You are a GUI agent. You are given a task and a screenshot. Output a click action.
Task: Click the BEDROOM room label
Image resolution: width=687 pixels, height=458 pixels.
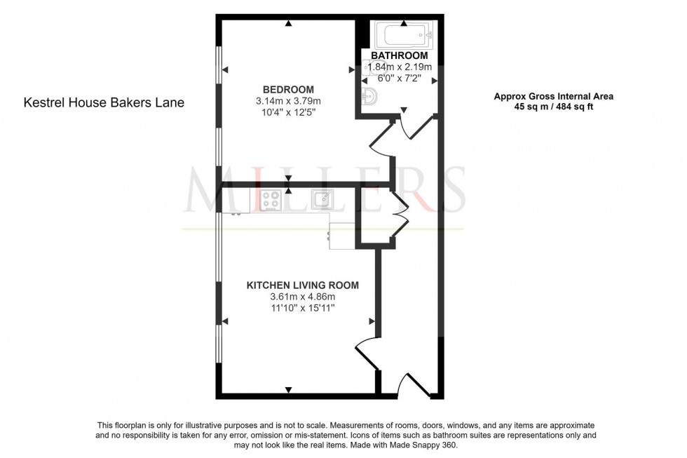(288, 90)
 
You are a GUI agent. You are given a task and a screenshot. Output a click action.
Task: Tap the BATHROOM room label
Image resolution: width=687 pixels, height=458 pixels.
(399, 55)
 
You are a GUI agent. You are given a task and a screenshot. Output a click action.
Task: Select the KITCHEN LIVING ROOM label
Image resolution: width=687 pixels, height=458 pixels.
(302, 285)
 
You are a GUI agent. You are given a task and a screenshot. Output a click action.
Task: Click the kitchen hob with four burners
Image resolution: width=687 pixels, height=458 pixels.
(272, 200)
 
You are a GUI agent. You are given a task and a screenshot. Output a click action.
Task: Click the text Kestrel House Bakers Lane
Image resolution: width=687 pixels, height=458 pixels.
(104, 102)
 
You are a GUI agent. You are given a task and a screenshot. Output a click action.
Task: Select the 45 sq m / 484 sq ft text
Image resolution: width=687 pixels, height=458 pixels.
(553, 108)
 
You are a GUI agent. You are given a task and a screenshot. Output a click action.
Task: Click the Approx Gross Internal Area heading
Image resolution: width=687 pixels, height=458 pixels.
(553, 97)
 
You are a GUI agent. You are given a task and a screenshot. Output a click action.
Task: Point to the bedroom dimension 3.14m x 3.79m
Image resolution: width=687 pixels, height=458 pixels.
(288, 101)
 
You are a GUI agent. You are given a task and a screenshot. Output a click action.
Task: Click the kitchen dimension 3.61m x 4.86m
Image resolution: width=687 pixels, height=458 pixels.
(302, 297)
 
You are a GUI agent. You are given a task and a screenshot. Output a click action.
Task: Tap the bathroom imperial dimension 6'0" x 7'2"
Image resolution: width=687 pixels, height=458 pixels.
(399, 78)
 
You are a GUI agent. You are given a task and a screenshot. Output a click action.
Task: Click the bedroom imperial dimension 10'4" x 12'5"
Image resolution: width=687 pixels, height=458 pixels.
(288, 112)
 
